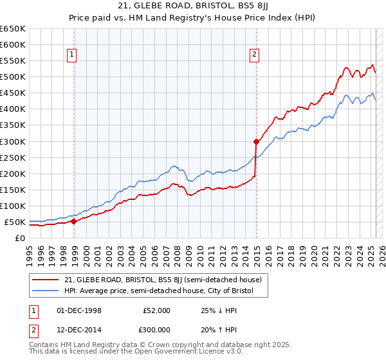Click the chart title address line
(193, 7)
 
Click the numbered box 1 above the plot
(71, 55)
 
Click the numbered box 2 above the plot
(255, 55)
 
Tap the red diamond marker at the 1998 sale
(73, 221)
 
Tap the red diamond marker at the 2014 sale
(256, 141)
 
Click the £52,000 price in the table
(156, 310)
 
